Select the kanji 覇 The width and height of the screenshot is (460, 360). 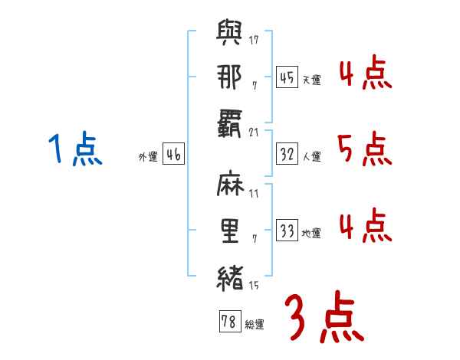pyautogui.click(x=230, y=123)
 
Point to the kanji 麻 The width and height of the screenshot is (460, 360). pyautogui.click(x=230, y=187)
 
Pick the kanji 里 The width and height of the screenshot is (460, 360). pyautogui.click(x=230, y=231)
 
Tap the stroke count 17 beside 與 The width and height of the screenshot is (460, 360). pyautogui.click(x=254, y=40)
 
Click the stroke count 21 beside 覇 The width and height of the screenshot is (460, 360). pyautogui.click(x=254, y=131)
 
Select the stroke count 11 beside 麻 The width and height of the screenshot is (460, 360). pyautogui.click(x=254, y=194)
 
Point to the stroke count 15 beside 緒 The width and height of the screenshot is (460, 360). pyautogui.click(x=254, y=286)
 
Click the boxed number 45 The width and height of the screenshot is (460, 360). pyautogui.click(x=287, y=77)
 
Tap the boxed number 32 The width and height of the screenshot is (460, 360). pyautogui.click(x=287, y=154)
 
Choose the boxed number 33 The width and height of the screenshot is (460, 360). pyautogui.click(x=287, y=231)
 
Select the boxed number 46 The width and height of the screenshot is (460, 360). pyautogui.click(x=173, y=154)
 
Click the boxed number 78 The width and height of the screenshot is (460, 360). pyautogui.click(x=228, y=322)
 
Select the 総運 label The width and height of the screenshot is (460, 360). pyautogui.click(x=254, y=325)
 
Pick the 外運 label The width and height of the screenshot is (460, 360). pyautogui.click(x=147, y=157)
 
